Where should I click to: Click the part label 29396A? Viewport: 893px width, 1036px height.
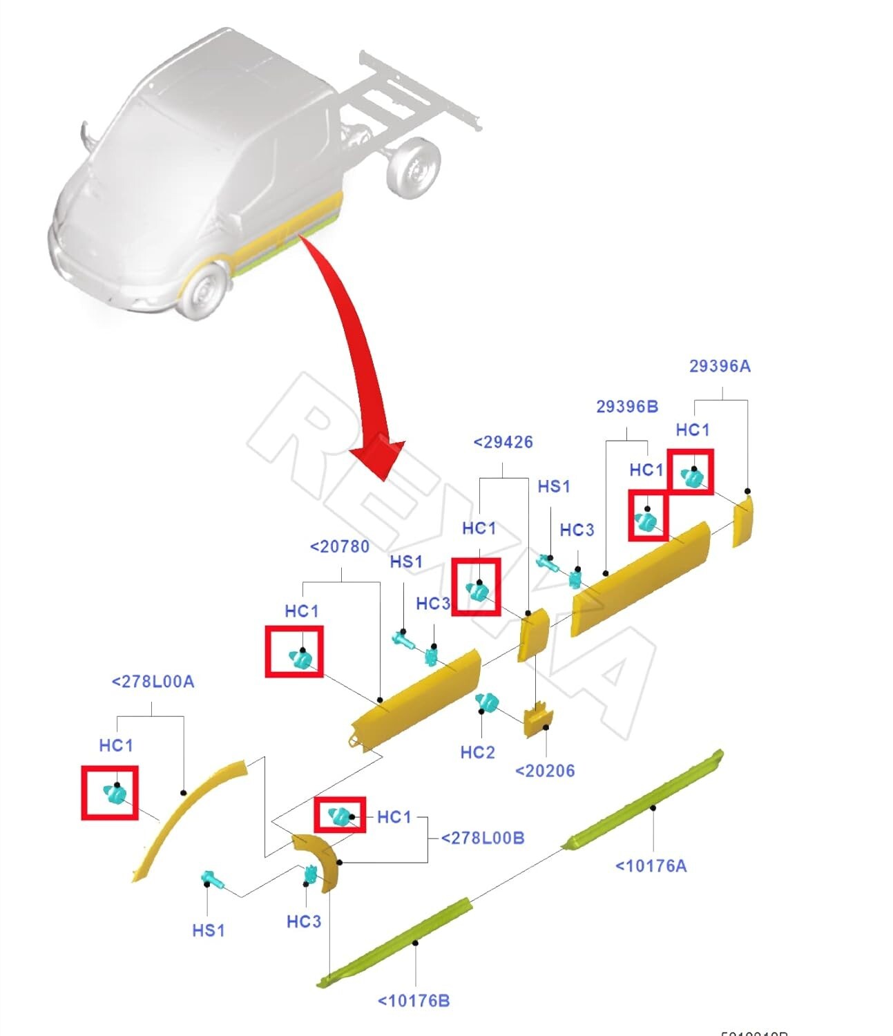(x=719, y=366)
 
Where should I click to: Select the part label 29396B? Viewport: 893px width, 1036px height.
(x=626, y=407)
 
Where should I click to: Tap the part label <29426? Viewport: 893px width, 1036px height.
(x=503, y=442)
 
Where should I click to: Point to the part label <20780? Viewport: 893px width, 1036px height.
(x=340, y=547)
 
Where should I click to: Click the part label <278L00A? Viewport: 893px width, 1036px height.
(x=153, y=682)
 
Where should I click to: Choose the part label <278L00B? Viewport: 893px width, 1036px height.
(x=482, y=838)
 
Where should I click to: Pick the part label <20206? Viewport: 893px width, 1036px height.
(x=545, y=770)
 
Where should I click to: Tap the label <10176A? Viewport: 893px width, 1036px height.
(x=651, y=865)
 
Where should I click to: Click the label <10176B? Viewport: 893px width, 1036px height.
(x=413, y=1000)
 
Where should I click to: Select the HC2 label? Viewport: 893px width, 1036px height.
(x=477, y=752)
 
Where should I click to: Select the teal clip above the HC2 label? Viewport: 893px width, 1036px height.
(x=487, y=702)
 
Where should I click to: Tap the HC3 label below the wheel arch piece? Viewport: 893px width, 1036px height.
(x=303, y=921)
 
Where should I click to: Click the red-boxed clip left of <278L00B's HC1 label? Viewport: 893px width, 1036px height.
(x=339, y=816)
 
